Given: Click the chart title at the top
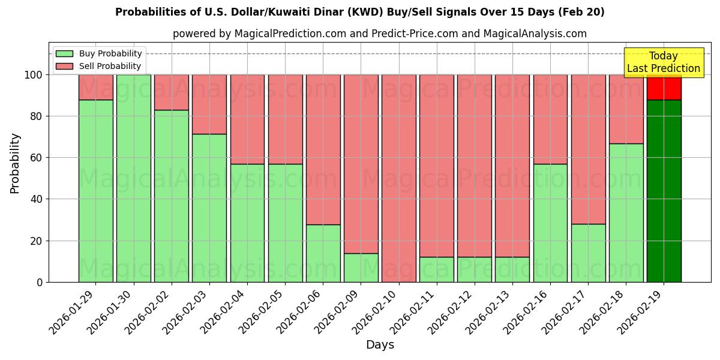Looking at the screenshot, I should coord(360,12).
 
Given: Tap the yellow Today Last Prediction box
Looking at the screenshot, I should coord(664,62).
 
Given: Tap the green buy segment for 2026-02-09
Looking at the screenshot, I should coord(361,268).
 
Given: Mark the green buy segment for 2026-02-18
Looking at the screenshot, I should coord(626,212).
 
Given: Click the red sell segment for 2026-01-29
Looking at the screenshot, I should coord(96,87).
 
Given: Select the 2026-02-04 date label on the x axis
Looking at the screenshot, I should coord(224,312).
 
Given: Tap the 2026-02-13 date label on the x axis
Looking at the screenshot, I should coord(490,312).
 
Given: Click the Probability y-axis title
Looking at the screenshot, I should coord(16,163).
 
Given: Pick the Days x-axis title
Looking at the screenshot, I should coord(380,345).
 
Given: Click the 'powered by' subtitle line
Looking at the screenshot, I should coord(379,34).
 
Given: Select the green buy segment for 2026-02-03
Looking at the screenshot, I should coord(209,208).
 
